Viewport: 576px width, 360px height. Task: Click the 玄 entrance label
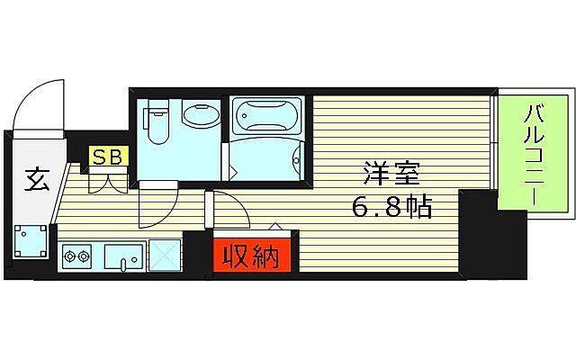point(37,180)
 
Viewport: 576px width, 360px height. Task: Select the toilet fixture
point(157,122)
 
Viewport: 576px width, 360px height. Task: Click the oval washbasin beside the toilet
point(197,115)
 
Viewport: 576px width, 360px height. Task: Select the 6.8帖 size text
point(391,209)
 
